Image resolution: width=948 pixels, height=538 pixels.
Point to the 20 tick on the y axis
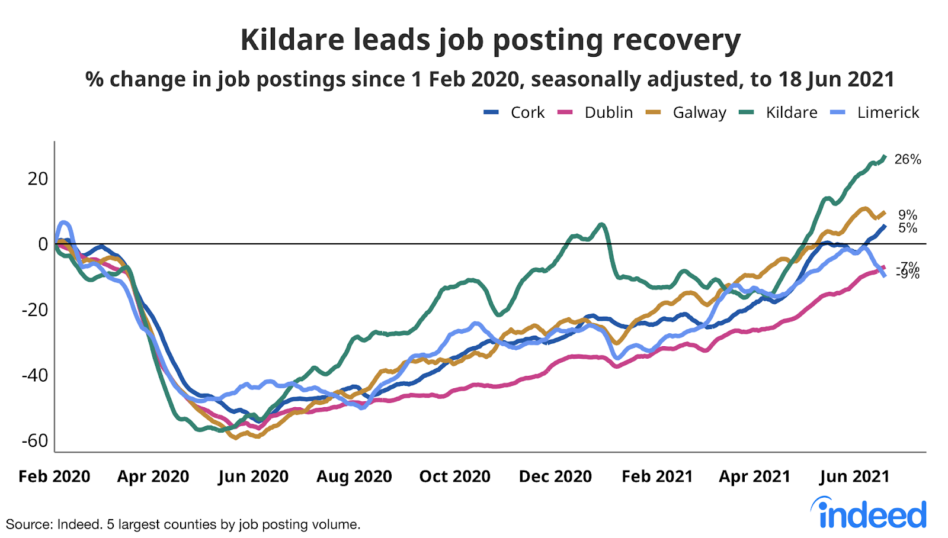coord(37,179)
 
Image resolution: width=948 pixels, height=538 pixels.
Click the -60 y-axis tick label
coord(35,441)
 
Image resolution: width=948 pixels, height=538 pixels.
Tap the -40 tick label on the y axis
coord(35,375)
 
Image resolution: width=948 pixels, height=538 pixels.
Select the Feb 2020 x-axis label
coord(55,476)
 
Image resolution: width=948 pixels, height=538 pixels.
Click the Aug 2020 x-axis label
coord(354,476)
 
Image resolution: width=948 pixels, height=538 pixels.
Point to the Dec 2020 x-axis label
coord(555,476)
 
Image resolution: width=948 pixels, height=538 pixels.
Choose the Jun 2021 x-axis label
coord(854,476)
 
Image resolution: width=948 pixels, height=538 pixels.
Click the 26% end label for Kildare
coord(908,159)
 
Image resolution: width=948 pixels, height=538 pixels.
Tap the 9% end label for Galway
coord(908,215)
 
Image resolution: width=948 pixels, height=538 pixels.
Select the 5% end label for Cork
coord(908,228)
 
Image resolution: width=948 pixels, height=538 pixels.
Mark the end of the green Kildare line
coord(885,157)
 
